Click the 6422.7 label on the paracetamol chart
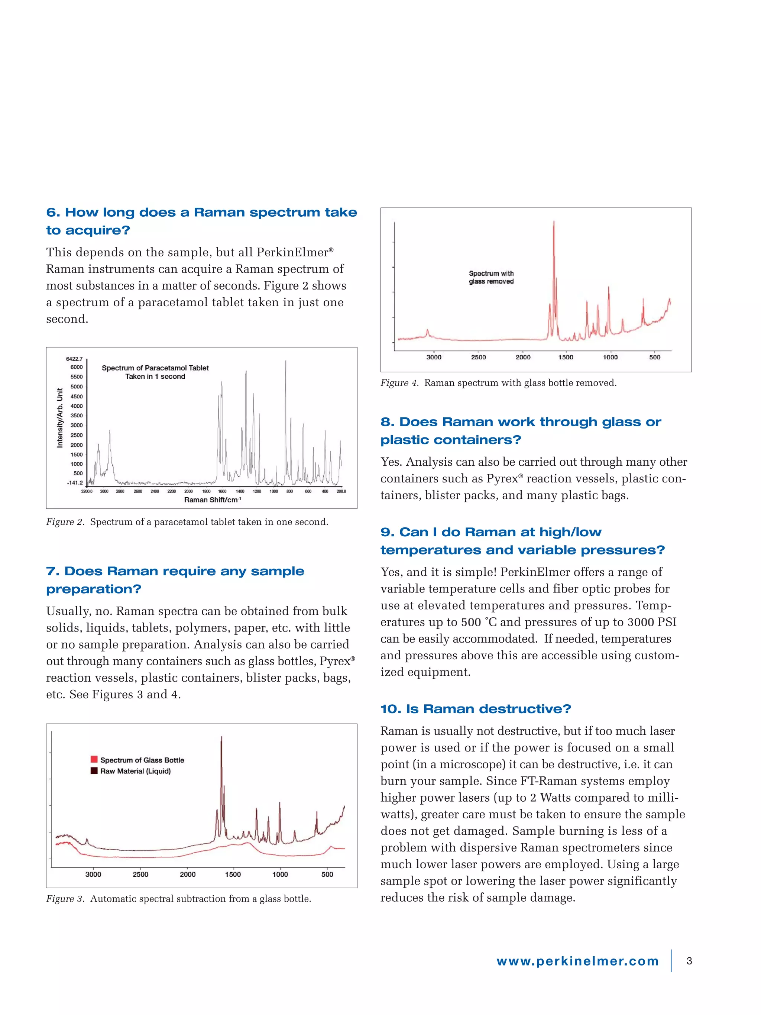[74, 359]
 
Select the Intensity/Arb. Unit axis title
[59, 418]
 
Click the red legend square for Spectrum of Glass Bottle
[94, 759]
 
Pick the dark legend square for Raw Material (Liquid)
[94, 771]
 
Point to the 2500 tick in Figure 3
[140, 875]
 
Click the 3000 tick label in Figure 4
[434, 357]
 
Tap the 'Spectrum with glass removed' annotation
[491, 277]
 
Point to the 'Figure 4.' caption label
[399, 383]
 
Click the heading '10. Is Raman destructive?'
[476, 709]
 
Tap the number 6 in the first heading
[52, 213]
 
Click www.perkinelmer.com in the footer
[577, 961]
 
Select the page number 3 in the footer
[689, 961]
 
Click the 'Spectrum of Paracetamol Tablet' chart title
[155, 368]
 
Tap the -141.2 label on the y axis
[75, 483]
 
